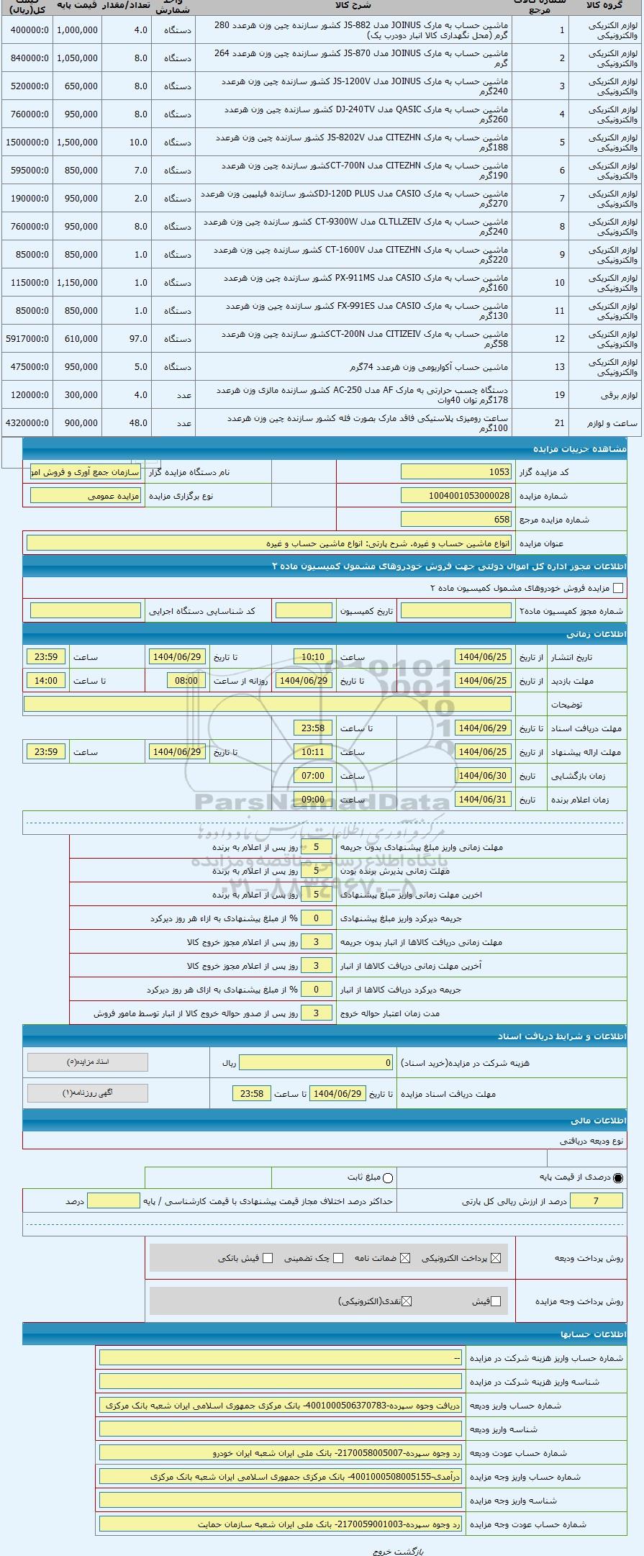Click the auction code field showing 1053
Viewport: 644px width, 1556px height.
pyautogui.click(x=456, y=471)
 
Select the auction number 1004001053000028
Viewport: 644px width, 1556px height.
pyautogui.click(x=456, y=495)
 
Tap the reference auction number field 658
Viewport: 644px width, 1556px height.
pyautogui.click(x=456, y=519)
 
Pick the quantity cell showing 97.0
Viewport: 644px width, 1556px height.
pyautogui.click(x=126, y=338)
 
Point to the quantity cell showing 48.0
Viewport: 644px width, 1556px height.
pyautogui.click(x=126, y=422)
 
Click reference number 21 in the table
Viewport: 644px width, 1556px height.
pyautogui.click(x=559, y=423)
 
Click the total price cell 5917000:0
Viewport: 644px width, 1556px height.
pyautogui.click(x=27, y=338)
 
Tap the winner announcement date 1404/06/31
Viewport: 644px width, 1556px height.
pyautogui.click(x=484, y=799)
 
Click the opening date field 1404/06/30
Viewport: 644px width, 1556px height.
pyautogui.click(x=484, y=775)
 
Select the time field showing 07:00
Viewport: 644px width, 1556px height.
pyautogui.click(x=313, y=775)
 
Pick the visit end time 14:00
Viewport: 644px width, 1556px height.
pyautogui.click(x=46, y=680)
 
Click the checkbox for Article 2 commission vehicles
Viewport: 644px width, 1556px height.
pyautogui.click(x=617, y=588)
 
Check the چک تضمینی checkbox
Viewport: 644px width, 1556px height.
pyautogui.click(x=338, y=1258)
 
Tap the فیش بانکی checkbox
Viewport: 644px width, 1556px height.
pyautogui.click(x=268, y=1258)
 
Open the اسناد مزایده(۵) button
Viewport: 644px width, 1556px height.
pyautogui.click(x=88, y=1062)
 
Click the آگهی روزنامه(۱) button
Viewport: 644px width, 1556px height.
pyautogui.click(x=88, y=1093)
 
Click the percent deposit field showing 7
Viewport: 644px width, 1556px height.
pyautogui.click(x=595, y=1200)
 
